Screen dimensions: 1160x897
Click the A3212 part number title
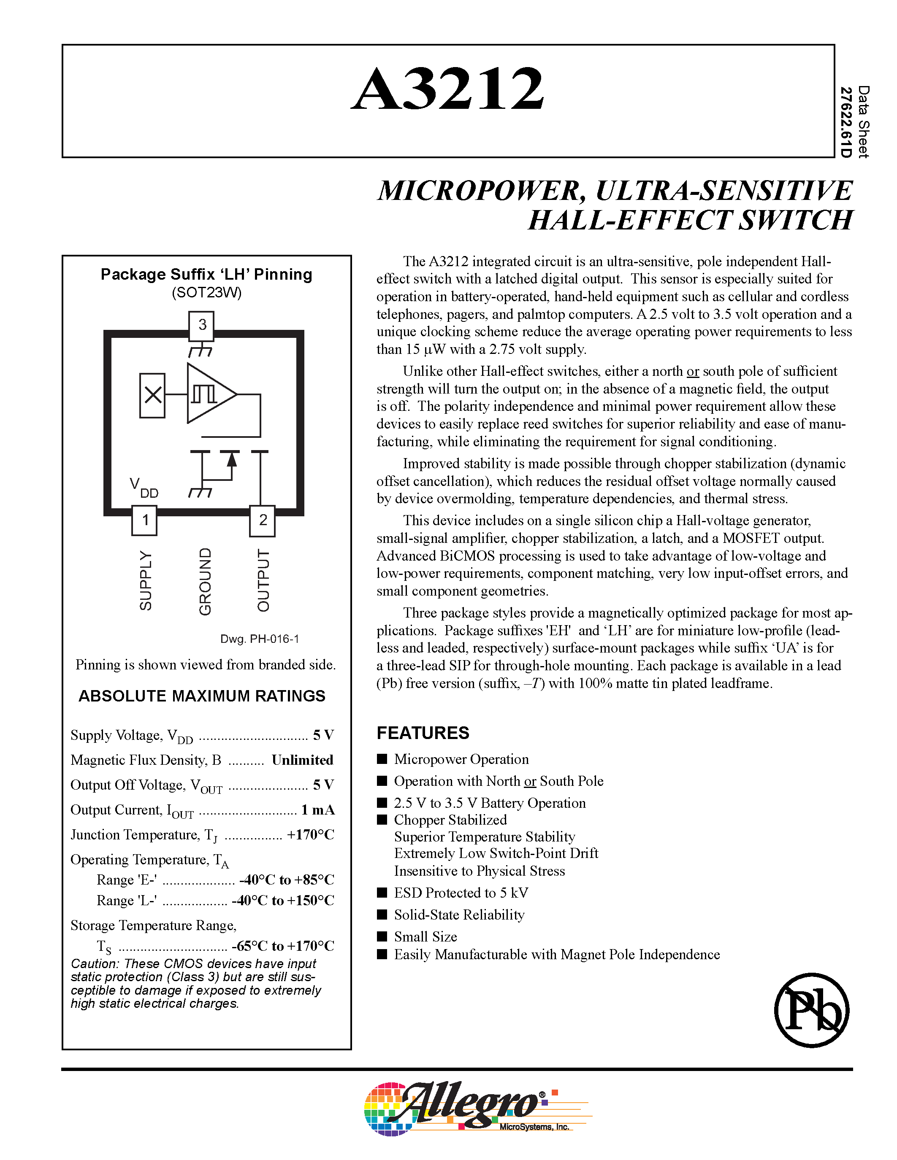click(x=448, y=89)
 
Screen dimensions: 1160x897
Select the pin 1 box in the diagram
click(x=144, y=520)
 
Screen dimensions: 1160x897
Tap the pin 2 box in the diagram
click(x=263, y=520)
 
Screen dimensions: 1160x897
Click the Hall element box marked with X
click(x=152, y=395)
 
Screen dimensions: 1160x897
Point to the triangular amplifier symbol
click(x=209, y=394)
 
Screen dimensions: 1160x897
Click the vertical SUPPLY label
click(x=146, y=580)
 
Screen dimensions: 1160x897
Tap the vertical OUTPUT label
click(x=263, y=580)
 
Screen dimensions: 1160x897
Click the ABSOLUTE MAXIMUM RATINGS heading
click(x=202, y=696)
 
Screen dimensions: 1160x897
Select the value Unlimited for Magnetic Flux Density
click(x=302, y=760)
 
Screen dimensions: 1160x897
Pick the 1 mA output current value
click(x=317, y=809)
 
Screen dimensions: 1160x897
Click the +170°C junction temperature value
click(x=310, y=834)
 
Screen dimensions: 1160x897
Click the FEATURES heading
click(x=423, y=733)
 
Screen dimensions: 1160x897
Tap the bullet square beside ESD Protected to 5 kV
click(x=382, y=892)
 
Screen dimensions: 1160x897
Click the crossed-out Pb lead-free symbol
click(x=811, y=1010)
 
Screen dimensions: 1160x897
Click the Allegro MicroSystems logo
click(x=468, y=1108)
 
